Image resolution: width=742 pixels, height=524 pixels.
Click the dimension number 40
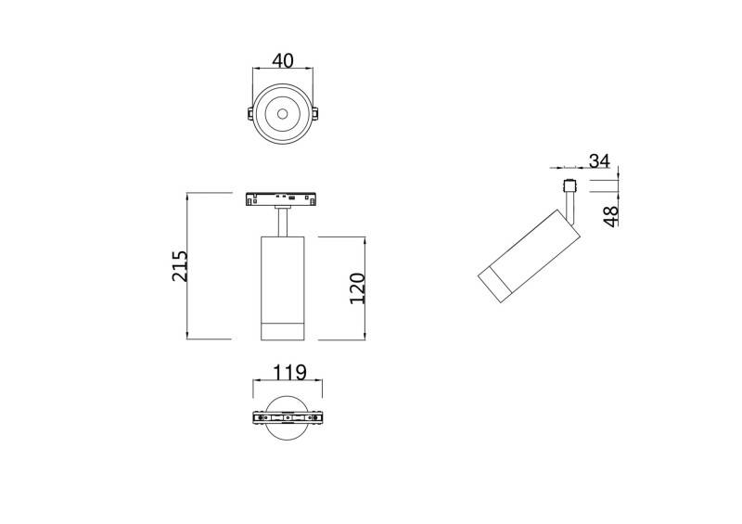point(282,61)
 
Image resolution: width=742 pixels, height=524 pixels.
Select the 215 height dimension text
point(181,266)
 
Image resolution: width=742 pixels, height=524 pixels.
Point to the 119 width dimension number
point(288,374)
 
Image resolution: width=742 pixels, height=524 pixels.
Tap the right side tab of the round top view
point(315,114)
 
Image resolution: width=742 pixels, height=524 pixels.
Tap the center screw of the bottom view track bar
point(288,418)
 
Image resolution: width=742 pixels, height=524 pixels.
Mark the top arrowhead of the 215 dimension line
point(188,195)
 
